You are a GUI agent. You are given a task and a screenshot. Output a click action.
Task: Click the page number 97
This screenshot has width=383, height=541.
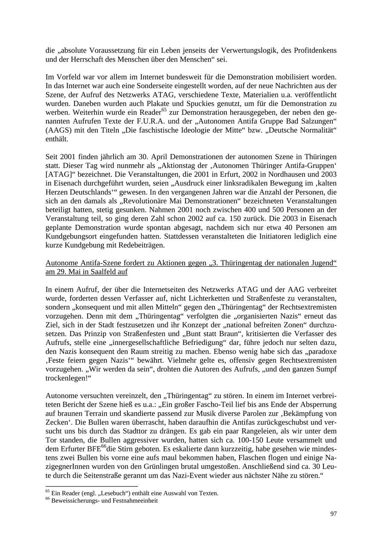point(333,514)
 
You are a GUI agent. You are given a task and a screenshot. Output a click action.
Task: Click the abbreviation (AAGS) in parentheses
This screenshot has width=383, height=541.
point(57,131)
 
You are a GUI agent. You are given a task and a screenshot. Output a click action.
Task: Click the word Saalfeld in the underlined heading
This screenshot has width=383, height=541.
point(105,272)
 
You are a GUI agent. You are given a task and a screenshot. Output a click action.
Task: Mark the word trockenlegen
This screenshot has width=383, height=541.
point(66,378)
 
